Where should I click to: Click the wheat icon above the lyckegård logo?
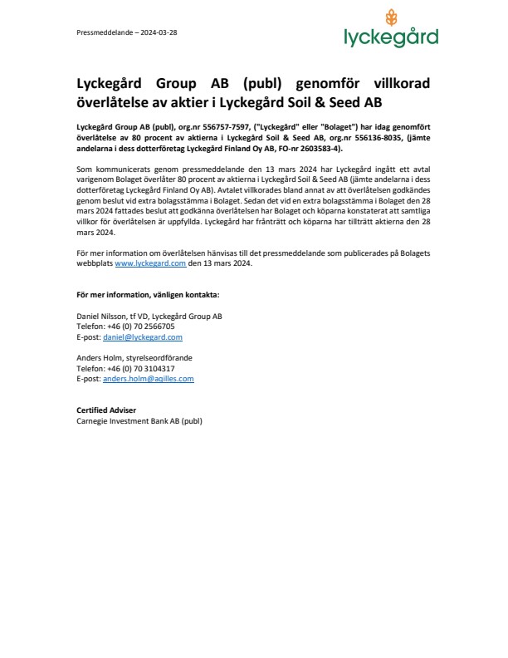click(x=391, y=17)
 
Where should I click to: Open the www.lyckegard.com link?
click(x=150, y=263)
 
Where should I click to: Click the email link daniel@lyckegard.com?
click(x=143, y=337)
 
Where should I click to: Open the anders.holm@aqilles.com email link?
click(x=148, y=378)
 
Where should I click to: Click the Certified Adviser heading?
click(x=106, y=410)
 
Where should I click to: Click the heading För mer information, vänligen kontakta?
click(x=148, y=294)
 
